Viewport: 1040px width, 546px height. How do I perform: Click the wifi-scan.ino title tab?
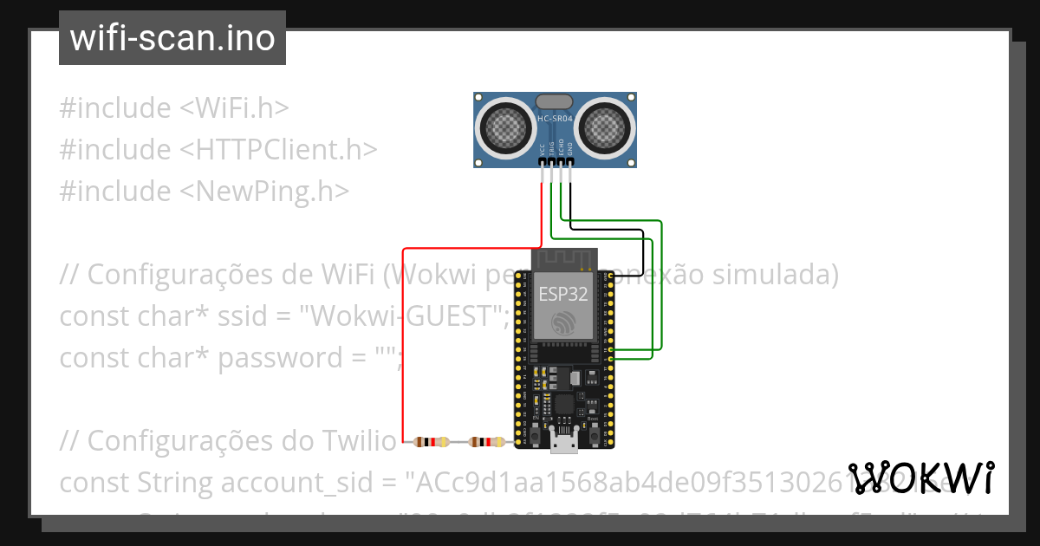pos(172,38)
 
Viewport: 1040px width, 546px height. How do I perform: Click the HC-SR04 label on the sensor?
pos(555,118)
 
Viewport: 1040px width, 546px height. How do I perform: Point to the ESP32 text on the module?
pos(563,293)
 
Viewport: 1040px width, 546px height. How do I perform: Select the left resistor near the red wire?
pos(432,442)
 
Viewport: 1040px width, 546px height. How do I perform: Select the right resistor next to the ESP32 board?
pos(485,442)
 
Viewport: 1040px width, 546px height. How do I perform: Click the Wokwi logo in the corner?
pos(921,478)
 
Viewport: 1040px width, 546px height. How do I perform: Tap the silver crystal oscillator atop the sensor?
pos(555,101)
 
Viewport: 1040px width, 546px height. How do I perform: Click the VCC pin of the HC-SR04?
pos(543,161)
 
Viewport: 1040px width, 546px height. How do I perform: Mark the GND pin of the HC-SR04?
pos(570,161)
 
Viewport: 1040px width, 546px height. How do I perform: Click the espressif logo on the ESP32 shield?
pos(563,324)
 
